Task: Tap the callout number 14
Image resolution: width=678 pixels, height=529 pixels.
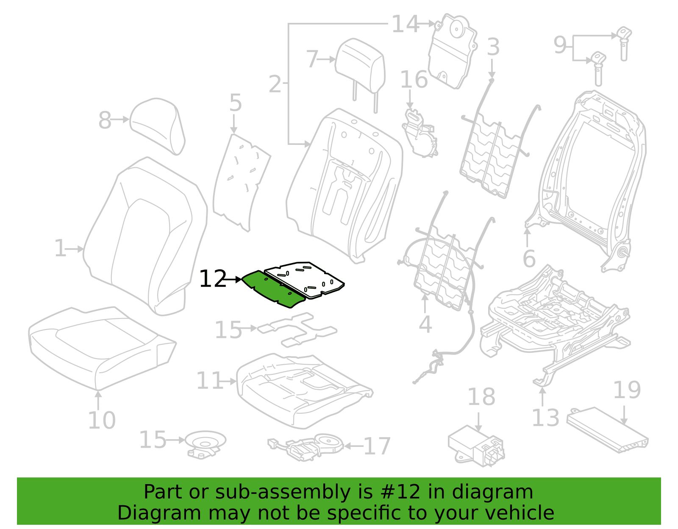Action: [405, 24]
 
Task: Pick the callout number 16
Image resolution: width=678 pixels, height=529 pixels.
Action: [414, 80]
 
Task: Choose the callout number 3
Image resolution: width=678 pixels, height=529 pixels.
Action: [493, 47]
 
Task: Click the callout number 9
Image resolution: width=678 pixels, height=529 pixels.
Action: [560, 45]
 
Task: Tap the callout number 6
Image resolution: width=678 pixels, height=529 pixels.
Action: [529, 259]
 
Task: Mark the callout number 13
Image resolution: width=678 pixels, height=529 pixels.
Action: [545, 418]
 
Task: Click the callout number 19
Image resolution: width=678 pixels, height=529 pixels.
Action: [627, 390]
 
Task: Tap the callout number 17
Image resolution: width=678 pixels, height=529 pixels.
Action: [377, 446]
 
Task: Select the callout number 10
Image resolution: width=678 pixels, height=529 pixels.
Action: [102, 420]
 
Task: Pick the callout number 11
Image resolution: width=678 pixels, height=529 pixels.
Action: [210, 381]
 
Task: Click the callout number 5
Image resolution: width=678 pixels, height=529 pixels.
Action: [236, 103]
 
